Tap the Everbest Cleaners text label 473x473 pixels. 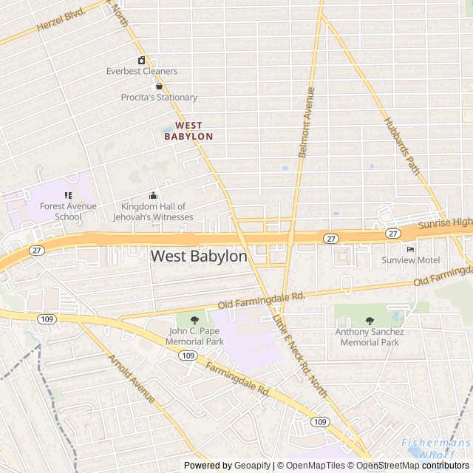click(142, 71)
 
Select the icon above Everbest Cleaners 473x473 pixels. click(141, 60)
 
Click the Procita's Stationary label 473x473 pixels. click(159, 97)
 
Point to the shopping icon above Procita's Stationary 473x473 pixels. click(159, 86)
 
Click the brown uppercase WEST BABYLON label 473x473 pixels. click(188, 132)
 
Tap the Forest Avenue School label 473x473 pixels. click(68, 211)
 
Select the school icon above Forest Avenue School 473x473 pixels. click(68, 196)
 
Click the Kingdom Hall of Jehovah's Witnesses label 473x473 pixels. click(153, 212)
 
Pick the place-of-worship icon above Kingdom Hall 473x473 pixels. click(153, 196)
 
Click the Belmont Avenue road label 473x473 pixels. click(305, 122)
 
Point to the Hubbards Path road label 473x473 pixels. click(401, 146)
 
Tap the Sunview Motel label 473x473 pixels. click(410, 260)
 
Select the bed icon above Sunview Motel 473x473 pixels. click(410, 249)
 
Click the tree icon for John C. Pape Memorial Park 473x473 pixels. click(195, 319)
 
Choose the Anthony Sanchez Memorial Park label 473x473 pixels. click(369, 337)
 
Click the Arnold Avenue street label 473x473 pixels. click(131, 379)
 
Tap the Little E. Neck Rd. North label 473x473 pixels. click(299, 355)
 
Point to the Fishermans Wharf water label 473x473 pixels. click(436, 449)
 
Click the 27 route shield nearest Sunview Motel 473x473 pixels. click(392, 234)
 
